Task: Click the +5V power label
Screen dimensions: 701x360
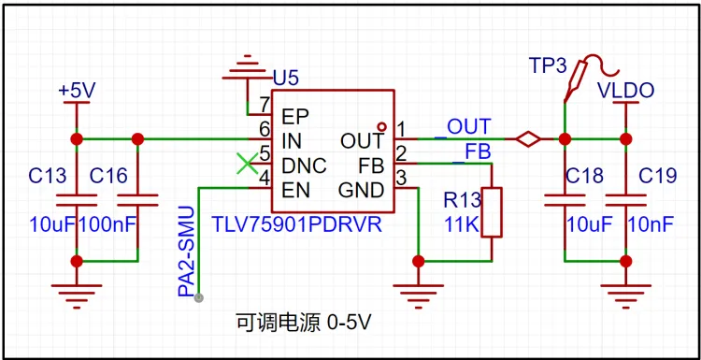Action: (77, 92)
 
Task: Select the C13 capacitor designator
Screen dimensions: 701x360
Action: (48, 176)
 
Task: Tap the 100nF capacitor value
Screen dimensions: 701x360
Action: (107, 225)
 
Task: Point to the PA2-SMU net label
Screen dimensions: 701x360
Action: (186, 252)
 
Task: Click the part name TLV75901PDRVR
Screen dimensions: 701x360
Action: (297, 224)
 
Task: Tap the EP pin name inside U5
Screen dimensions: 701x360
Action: (295, 117)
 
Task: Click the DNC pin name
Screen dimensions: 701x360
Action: (304, 166)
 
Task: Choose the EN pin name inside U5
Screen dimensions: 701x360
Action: (295, 191)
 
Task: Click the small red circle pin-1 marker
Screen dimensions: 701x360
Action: (381, 126)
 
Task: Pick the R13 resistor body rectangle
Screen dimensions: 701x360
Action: (492, 212)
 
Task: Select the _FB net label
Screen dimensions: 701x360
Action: (472, 152)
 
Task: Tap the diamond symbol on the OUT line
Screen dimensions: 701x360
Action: (528, 139)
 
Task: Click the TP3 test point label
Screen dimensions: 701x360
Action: (548, 65)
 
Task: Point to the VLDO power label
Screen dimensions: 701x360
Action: (626, 91)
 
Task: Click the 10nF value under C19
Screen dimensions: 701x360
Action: (651, 225)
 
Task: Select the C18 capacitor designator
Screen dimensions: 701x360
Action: (585, 177)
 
